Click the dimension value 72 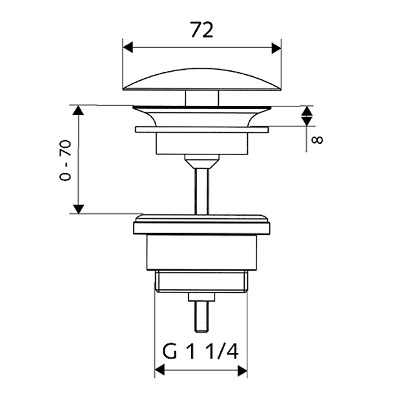(202, 30)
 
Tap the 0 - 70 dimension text (65, 160)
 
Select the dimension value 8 (317, 140)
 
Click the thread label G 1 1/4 (201, 351)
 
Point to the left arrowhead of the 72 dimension (128, 48)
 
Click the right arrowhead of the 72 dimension (276, 48)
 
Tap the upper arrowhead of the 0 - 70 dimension (78, 110)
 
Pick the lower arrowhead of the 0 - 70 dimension (78, 209)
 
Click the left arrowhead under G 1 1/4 (160, 371)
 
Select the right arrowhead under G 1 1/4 (242, 371)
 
